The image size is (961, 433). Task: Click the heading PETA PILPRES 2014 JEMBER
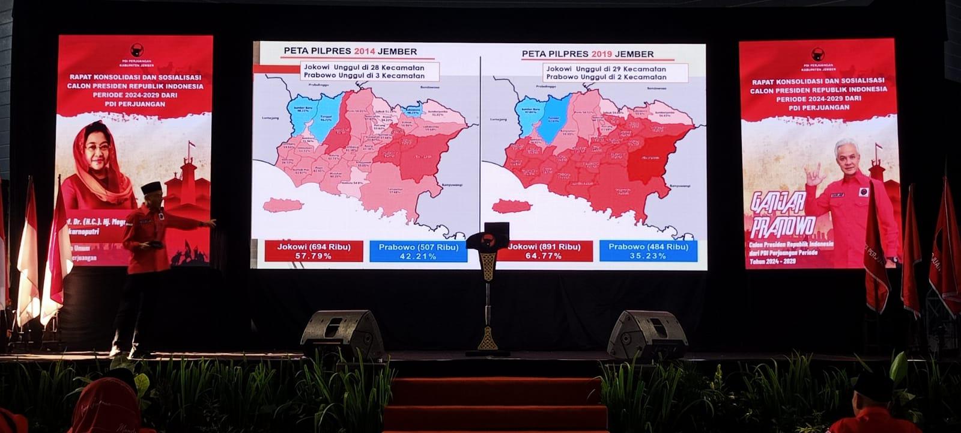(x=350, y=52)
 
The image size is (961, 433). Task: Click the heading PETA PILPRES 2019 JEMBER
(x=587, y=54)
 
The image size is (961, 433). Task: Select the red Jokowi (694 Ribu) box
(x=314, y=251)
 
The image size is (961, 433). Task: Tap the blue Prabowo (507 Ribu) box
(x=418, y=251)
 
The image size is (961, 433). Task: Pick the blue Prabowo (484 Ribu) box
(x=648, y=251)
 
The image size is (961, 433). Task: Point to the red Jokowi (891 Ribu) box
(x=545, y=251)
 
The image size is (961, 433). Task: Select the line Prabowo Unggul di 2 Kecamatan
(x=605, y=77)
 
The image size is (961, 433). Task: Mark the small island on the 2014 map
(x=282, y=205)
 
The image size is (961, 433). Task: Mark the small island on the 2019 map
(x=511, y=206)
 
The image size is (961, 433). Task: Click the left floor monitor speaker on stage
(x=342, y=334)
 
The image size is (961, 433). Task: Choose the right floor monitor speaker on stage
(x=647, y=334)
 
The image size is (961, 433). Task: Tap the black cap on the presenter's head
(x=151, y=187)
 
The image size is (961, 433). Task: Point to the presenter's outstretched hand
(x=210, y=223)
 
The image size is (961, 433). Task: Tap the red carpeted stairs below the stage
(x=496, y=403)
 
